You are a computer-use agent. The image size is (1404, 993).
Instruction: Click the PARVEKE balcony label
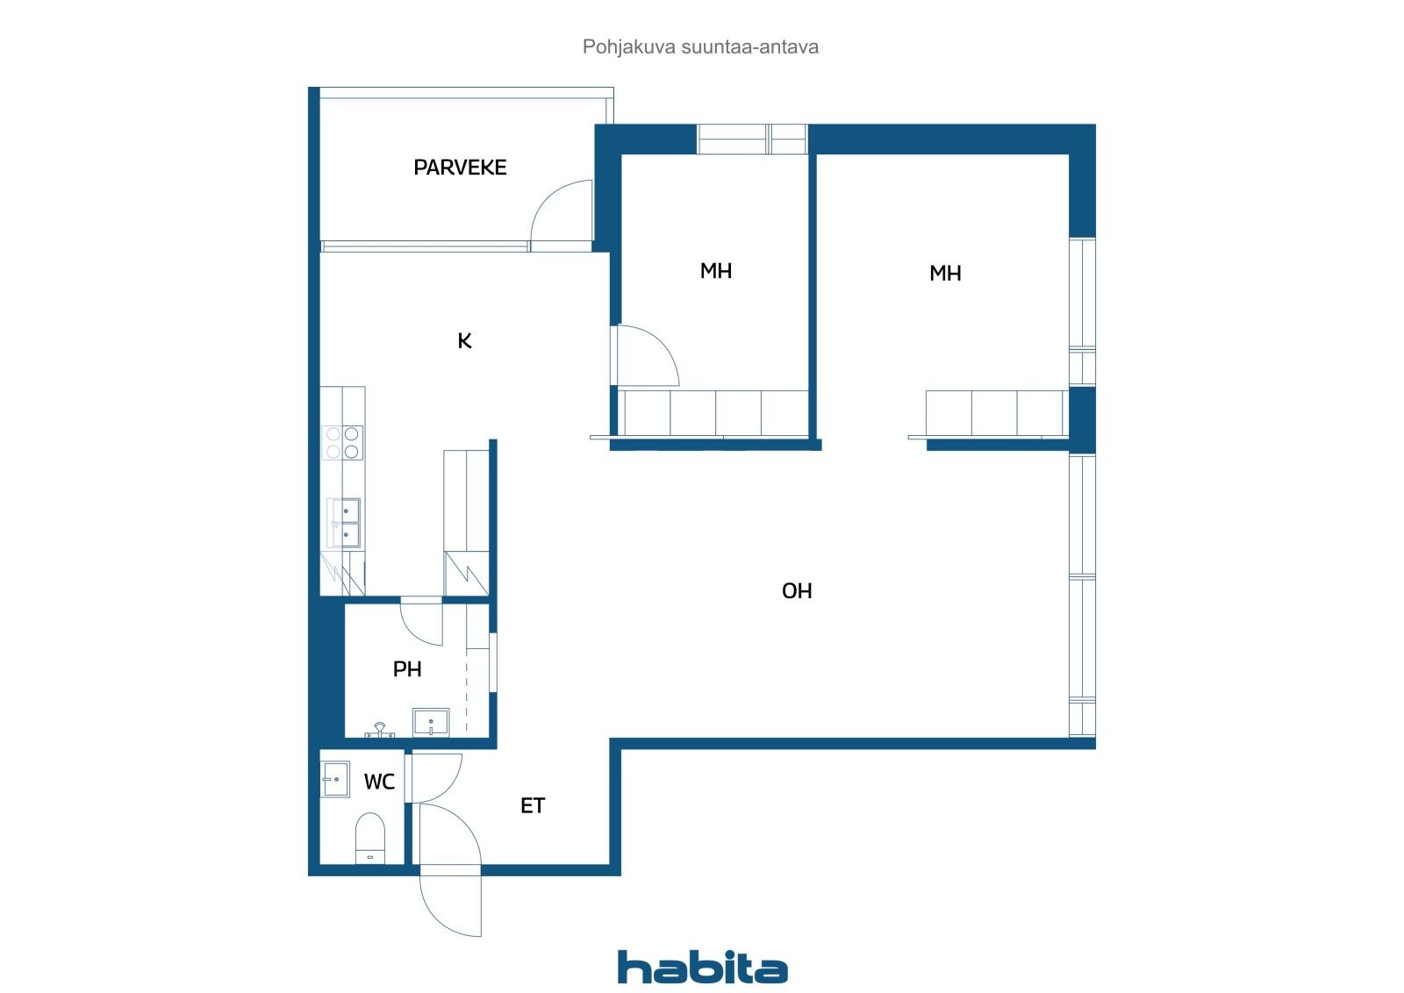pyautogui.click(x=460, y=168)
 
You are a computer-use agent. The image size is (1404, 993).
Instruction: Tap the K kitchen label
pyautogui.click(x=464, y=341)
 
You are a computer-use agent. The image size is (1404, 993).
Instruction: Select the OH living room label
pyautogui.click(x=797, y=591)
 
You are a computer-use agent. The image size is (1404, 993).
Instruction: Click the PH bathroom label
pyautogui.click(x=407, y=669)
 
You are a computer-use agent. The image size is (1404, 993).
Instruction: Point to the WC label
pyautogui.click(x=379, y=782)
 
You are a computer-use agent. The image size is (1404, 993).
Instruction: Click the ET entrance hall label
pyautogui.click(x=533, y=805)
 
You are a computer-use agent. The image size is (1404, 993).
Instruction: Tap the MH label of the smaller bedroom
pyautogui.click(x=716, y=271)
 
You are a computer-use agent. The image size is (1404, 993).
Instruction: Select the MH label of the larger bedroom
pyautogui.click(x=945, y=274)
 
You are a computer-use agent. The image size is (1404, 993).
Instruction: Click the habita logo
pyautogui.click(x=702, y=967)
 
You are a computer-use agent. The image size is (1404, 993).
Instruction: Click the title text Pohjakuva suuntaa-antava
pyautogui.click(x=700, y=46)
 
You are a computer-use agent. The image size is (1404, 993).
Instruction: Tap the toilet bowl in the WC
pyautogui.click(x=370, y=838)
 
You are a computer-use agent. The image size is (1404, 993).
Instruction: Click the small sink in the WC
pyautogui.click(x=335, y=779)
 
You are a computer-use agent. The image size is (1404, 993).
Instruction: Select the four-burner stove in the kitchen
pyautogui.click(x=342, y=442)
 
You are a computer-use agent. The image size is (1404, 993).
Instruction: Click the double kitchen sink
pyautogui.click(x=344, y=523)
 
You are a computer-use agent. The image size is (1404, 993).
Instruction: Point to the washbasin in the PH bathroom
pyautogui.click(x=431, y=723)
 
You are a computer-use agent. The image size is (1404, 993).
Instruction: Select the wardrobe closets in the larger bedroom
pyautogui.click(x=995, y=413)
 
